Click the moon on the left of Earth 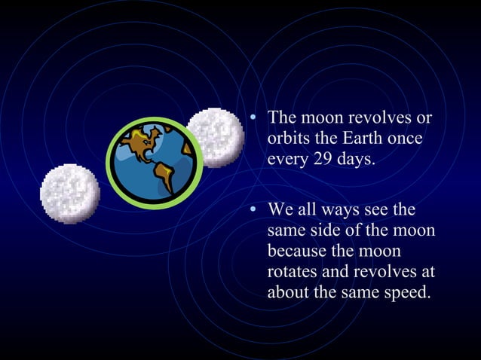(69, 194)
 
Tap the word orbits (287, 140)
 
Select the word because (297, 249)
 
